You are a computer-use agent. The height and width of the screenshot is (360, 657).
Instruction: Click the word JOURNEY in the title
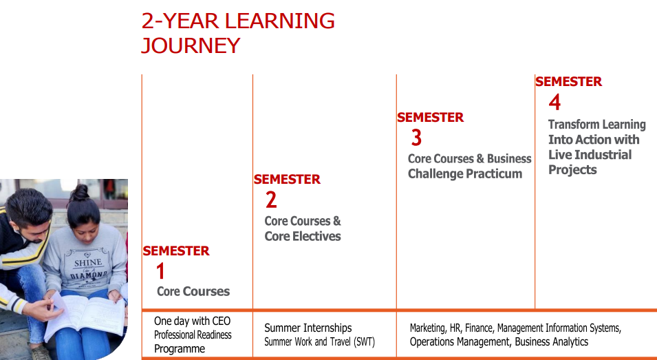pyautogui.click(x=191, y=45)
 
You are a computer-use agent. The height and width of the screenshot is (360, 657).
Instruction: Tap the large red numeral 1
pyautogui.click(x=160, y=271)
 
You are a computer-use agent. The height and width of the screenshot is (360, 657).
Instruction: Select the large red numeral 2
pyautogui.click(x=271, y=200)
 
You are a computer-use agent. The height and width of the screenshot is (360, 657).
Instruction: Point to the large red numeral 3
pyautogui.click(x=416, y=138)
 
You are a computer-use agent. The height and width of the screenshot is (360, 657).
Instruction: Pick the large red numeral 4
pyautogui.click(x=554, y=103)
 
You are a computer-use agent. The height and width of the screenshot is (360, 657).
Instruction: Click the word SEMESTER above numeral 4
pyautogui.click(x=568, y=81)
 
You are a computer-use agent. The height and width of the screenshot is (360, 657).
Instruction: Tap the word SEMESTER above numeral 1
pyautogui.click(x=176, y=251)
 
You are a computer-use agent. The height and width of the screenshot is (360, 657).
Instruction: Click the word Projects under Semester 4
pyautogui.click(x=572, y=170)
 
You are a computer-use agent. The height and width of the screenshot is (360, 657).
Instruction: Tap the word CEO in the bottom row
pyautogui.click(x=222, y=321)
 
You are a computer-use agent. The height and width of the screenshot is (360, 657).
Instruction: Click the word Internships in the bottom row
pyautogui.click(x=330, y=328)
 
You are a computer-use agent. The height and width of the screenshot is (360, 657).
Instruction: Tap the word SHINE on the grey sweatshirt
pyautogui.click(x=87, y=263)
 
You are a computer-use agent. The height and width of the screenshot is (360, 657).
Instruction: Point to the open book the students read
pyautogui.click(x=85, y=315)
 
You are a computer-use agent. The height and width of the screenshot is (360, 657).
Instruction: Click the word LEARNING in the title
pyautogui.click(x=280, y=21)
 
